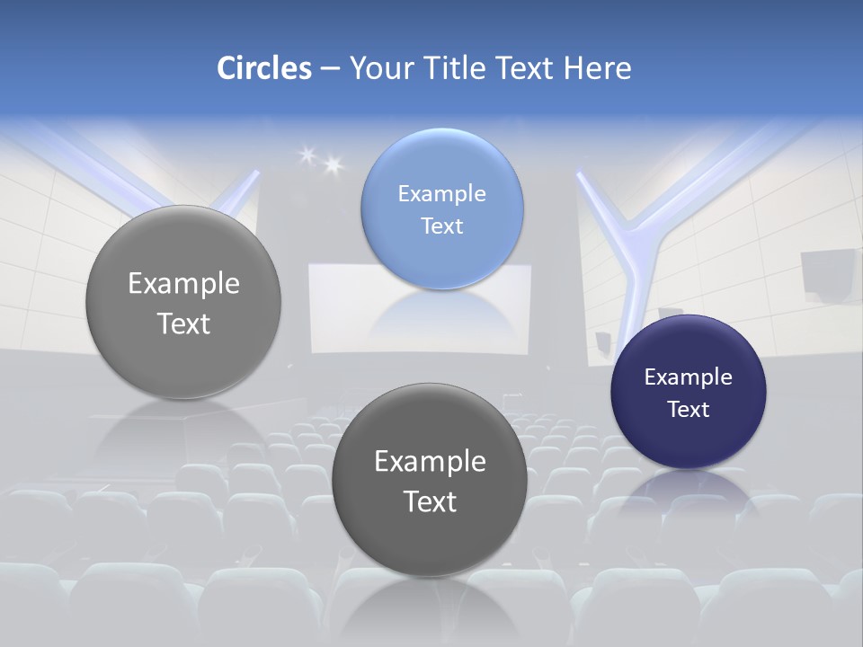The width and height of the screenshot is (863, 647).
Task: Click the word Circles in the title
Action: [263, 68]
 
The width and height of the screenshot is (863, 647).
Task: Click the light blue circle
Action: [441, 208]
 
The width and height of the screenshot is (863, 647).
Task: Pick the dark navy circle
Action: [688, 392]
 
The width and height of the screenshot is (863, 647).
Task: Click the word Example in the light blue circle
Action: [441, 193]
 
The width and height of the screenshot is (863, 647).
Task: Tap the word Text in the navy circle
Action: [688, 409]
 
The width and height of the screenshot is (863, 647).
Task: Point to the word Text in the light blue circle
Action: [441, 226]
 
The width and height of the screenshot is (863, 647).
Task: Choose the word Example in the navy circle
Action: [688, 377]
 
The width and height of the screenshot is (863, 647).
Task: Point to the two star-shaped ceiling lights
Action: [321, 160]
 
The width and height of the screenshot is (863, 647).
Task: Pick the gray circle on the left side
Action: [183, 302]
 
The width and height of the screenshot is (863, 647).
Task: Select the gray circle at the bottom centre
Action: [430, 480]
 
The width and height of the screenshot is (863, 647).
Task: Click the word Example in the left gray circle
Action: [183, 284]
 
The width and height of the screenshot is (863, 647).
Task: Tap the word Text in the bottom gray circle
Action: [430, 501]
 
